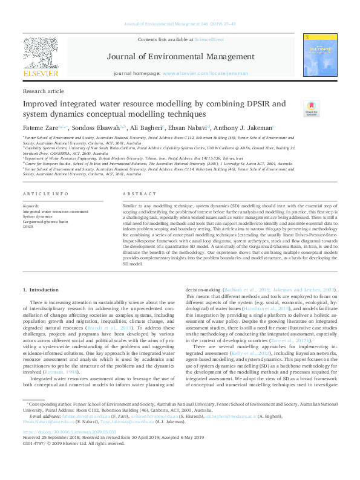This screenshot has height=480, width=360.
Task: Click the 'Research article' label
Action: click(x=43, y=91)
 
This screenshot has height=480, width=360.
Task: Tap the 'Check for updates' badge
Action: click(x=311, y=109)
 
